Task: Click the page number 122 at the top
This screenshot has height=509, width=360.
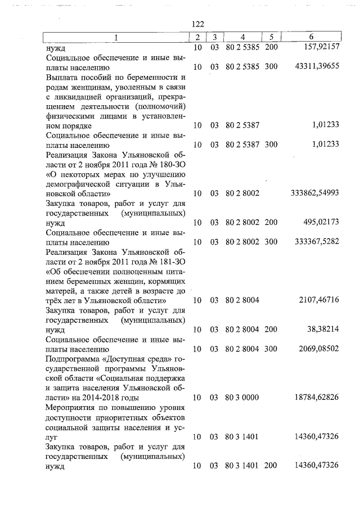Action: pos(197,24)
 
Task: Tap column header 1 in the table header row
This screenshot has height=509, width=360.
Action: pos(116,37)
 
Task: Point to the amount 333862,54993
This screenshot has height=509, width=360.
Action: pos(314,193)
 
